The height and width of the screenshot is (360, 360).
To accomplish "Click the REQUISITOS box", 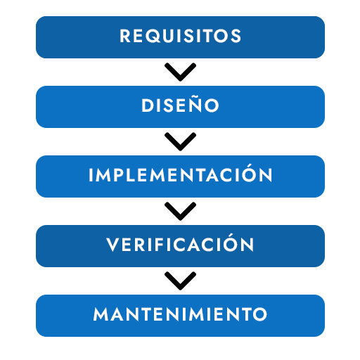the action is click(180, 37).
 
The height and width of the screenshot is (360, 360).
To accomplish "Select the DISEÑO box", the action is click(180, 107).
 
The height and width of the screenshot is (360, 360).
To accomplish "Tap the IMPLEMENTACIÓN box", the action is click(180, 176).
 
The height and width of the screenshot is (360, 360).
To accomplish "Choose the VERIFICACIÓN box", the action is click(180, 246).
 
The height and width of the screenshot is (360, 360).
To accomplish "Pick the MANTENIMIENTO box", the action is click(180, 316).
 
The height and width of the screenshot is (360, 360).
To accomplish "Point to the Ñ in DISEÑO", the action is click(194, 104).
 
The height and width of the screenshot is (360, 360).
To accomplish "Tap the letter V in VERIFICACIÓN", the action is click(113, 245).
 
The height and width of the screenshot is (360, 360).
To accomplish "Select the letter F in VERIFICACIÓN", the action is click(160, 245).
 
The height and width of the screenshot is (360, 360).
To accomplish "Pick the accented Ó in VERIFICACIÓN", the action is click(231, 243).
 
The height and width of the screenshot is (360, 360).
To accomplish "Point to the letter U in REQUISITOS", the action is click(174, 36).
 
